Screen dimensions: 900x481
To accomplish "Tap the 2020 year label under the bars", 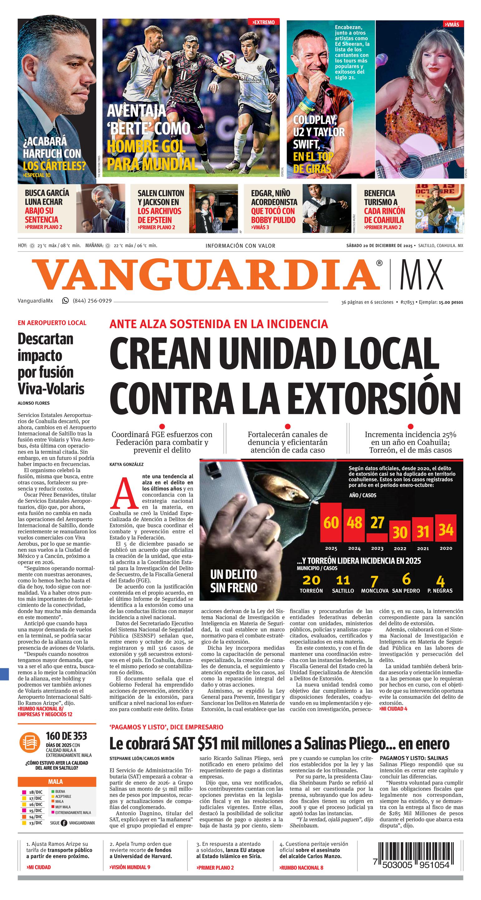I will point(446,548).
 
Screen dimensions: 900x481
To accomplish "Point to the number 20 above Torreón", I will point(311,580).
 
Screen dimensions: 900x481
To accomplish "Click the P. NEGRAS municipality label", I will point(440,591).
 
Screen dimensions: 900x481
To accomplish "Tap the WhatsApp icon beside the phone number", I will point(65,300).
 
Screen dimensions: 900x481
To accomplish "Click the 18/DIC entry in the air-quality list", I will point(35,792).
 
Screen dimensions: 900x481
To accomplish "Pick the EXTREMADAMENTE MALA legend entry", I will point(73,812).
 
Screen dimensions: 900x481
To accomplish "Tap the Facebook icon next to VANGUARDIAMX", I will point(64,823).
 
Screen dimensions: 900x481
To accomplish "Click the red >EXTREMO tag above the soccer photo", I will point(264,22).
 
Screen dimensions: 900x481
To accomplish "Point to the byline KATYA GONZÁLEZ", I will point(126,464).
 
